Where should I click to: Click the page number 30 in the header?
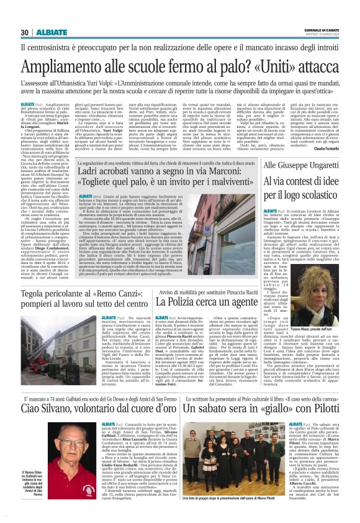tap(25, 32)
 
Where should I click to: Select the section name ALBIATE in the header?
tap(52, 32)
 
